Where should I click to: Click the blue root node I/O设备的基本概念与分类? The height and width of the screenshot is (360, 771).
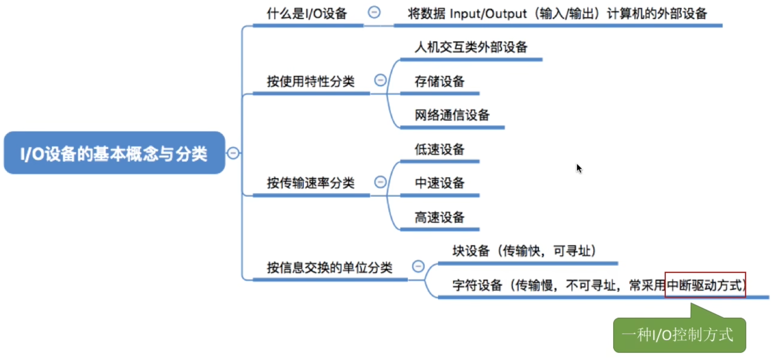(114, 153)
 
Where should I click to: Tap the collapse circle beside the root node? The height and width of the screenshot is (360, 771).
(233, 153)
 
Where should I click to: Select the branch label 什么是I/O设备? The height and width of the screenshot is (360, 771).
(307, 14)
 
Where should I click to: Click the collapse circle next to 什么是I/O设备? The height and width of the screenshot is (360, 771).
(374, 12)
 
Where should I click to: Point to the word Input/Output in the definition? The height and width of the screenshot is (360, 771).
(488, 14)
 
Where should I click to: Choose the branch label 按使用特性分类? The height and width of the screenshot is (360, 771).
(311, 81)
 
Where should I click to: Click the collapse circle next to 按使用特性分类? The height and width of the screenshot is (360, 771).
(380, 80)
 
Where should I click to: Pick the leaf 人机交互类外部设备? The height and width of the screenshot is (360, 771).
(471, 47)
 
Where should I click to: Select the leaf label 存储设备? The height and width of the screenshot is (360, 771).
(440, 81)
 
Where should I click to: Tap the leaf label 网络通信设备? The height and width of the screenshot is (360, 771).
(452, 115)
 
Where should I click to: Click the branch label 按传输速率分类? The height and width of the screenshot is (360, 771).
(311, 183)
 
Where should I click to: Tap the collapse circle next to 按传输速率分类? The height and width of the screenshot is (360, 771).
(380, 182)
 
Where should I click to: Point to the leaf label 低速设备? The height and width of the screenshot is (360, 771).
(440, 149)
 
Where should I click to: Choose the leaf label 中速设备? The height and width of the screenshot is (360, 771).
(440, 183)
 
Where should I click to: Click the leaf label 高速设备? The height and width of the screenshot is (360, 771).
(440, 217)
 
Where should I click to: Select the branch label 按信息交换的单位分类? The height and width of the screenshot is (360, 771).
(330, 268)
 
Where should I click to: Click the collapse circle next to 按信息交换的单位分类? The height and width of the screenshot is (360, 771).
(418, 266)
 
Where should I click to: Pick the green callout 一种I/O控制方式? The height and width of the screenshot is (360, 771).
(679, 335)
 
